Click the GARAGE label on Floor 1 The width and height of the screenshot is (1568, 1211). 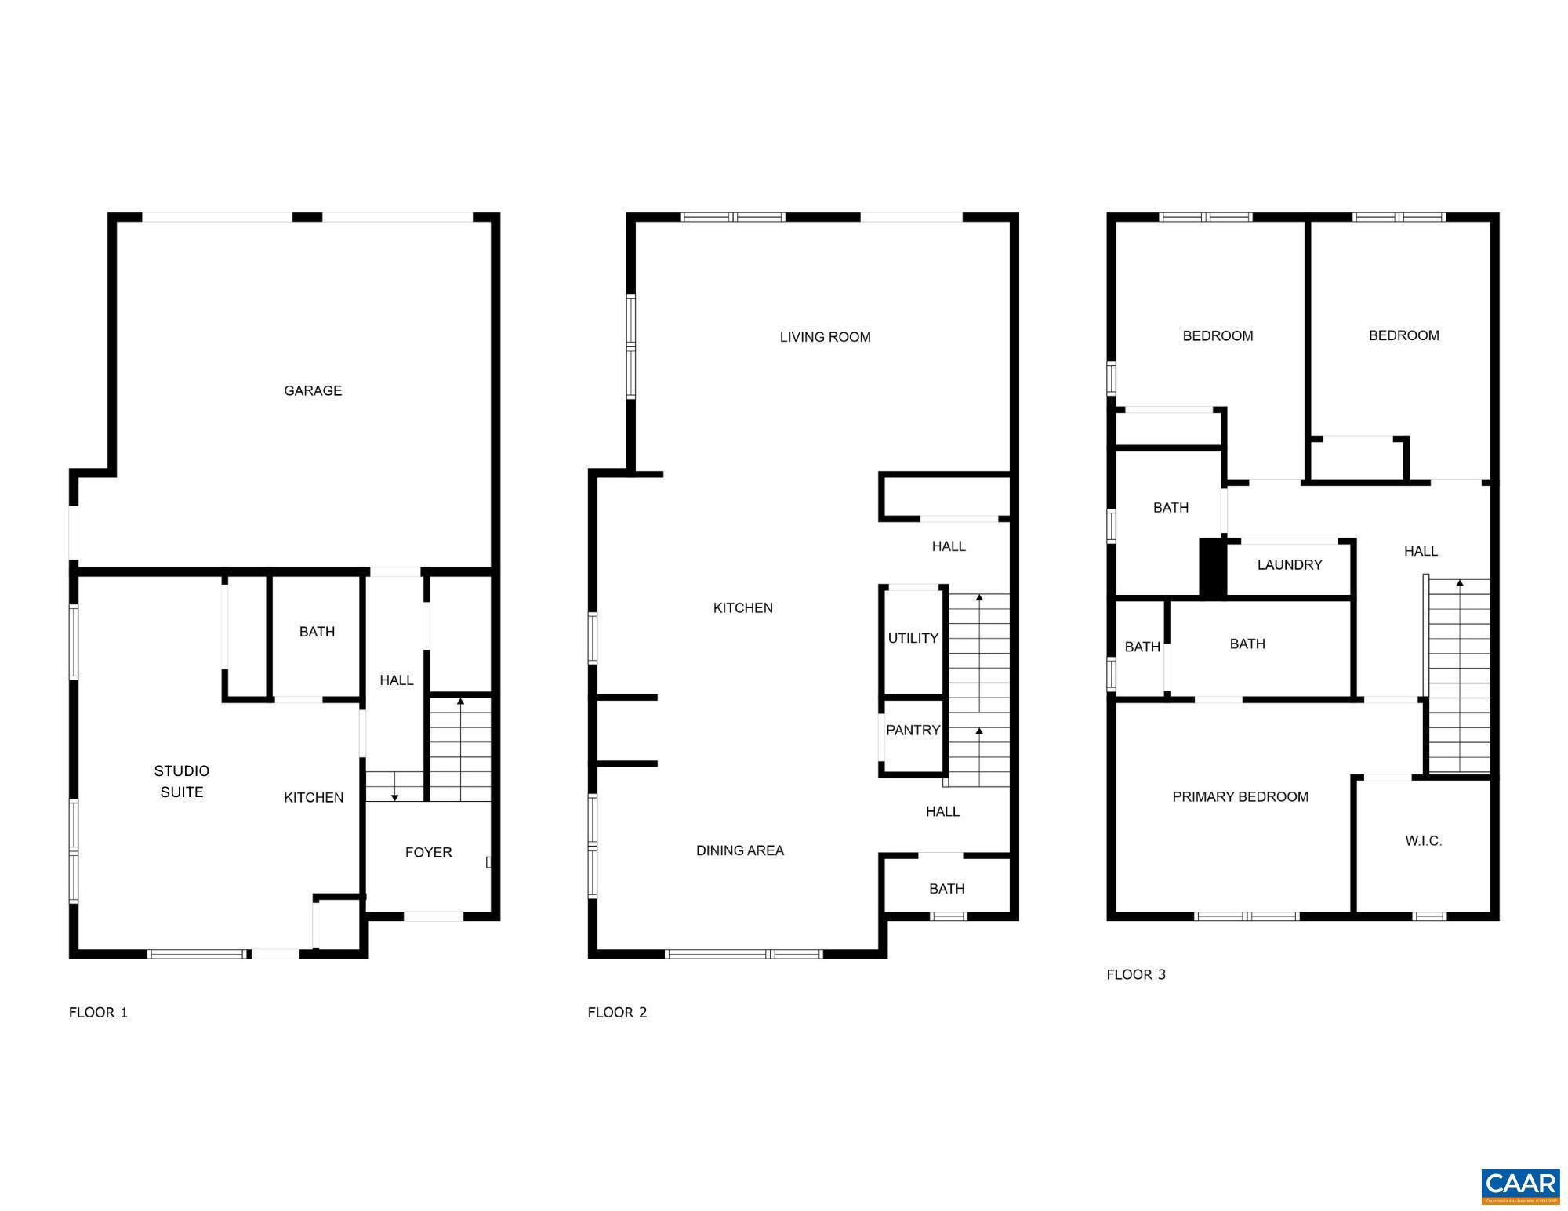click(313, 390)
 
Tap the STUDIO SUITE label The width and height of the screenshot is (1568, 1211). click(182, 781)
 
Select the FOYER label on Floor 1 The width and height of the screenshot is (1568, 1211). click(428, 852)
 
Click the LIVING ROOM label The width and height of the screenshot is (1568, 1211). click(825, 337)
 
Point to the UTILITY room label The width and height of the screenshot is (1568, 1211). click(913, 638)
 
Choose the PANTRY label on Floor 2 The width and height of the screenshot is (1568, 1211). click(913, 730)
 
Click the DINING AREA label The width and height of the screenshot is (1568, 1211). click(739, 850)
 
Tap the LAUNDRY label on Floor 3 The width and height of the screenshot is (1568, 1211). click(1290, 564)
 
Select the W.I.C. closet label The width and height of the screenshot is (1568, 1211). click(1423, 841)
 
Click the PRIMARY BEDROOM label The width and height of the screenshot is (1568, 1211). click(1240, 796)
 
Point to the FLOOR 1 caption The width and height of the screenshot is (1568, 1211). click(98, 1012)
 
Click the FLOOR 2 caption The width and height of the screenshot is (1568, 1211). click(617, 1012)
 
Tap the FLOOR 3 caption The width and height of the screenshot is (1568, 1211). click(1136, 974)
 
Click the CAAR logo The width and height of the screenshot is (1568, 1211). click(1520, 1185)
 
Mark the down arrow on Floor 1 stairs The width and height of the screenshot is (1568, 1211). click(395, 796)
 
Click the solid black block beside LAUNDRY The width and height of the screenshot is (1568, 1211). click(1212, 568)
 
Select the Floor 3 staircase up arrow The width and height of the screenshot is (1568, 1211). click(1459, 583)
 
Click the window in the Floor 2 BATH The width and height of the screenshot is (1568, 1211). click(949, 916)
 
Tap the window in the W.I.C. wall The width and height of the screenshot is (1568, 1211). click(1429, 916)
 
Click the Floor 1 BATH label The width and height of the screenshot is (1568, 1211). click(317, 632)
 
